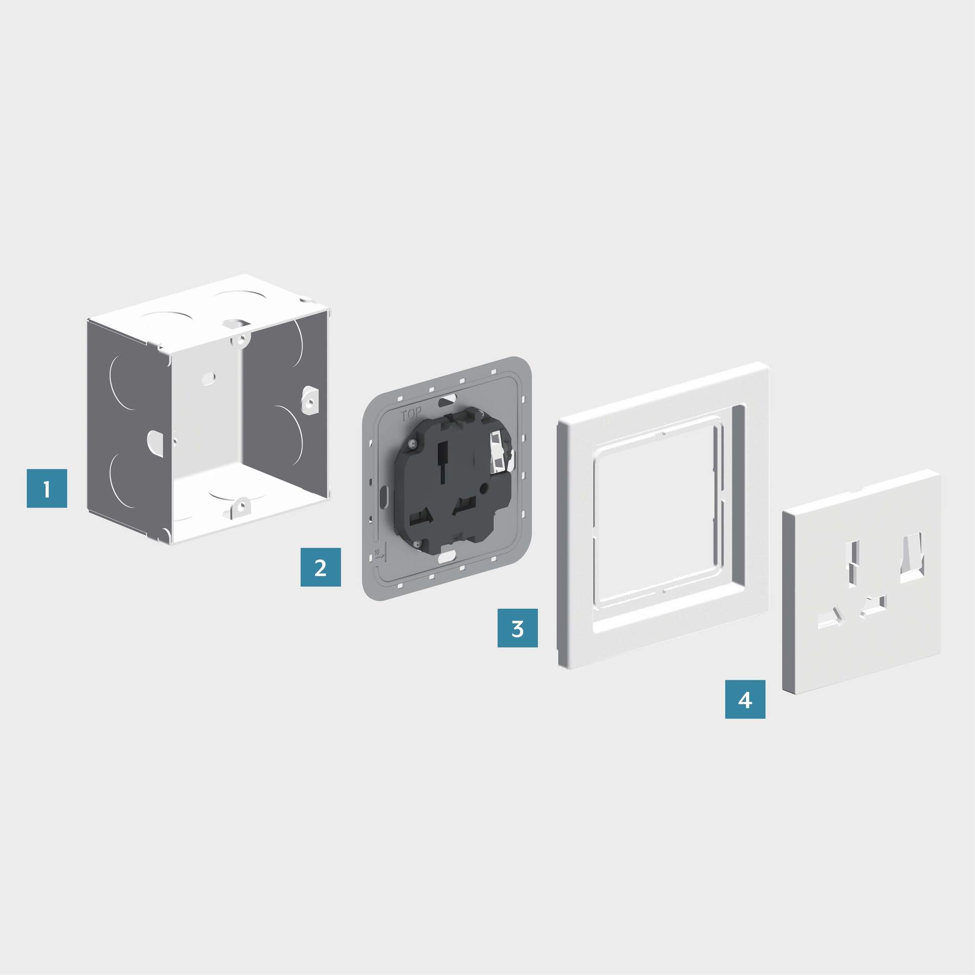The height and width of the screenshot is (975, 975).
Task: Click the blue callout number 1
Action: (x=47, y=489)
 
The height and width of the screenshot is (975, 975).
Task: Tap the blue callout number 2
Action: (x=321, y=567)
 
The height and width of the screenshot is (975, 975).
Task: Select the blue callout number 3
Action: (x=518, y=628)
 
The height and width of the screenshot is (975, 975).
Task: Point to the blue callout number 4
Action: (x=745, y=700)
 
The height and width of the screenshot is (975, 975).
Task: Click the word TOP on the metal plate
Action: (x=411, y=414)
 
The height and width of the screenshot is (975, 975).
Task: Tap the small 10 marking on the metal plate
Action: (x=377, y=553)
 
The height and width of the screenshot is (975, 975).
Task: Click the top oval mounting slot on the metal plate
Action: (x=448, y=398)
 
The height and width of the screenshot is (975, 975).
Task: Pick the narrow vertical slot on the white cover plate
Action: (x=854, y=564)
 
